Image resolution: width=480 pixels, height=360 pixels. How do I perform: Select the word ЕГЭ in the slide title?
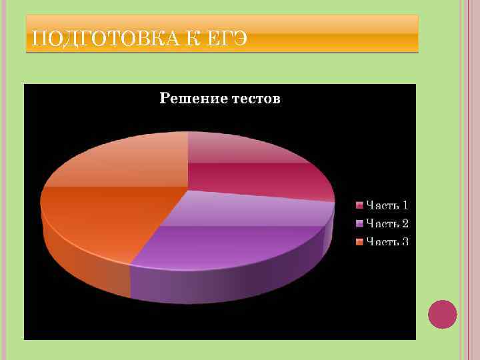coord(225,39)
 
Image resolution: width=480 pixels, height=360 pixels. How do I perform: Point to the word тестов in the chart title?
coord(256,99)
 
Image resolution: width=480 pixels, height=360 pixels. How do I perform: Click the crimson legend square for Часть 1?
coord(359,205)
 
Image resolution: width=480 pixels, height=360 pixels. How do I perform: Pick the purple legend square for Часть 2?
coord(359,223)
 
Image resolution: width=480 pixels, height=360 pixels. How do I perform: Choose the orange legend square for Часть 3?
coord(359,241)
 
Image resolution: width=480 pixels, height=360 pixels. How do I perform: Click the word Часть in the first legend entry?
coord(381,205)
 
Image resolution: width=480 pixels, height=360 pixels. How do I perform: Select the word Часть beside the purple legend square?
coord(381,223)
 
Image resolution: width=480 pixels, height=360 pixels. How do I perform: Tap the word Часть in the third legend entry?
coord(381,241)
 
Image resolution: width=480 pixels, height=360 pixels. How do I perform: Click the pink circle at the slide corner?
coord(442,314)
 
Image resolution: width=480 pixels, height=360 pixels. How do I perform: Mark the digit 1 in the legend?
coord(405,205)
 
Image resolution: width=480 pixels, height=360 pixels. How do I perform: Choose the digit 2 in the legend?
coord(405,223)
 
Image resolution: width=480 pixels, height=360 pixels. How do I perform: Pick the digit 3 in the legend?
coord(405,241)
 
